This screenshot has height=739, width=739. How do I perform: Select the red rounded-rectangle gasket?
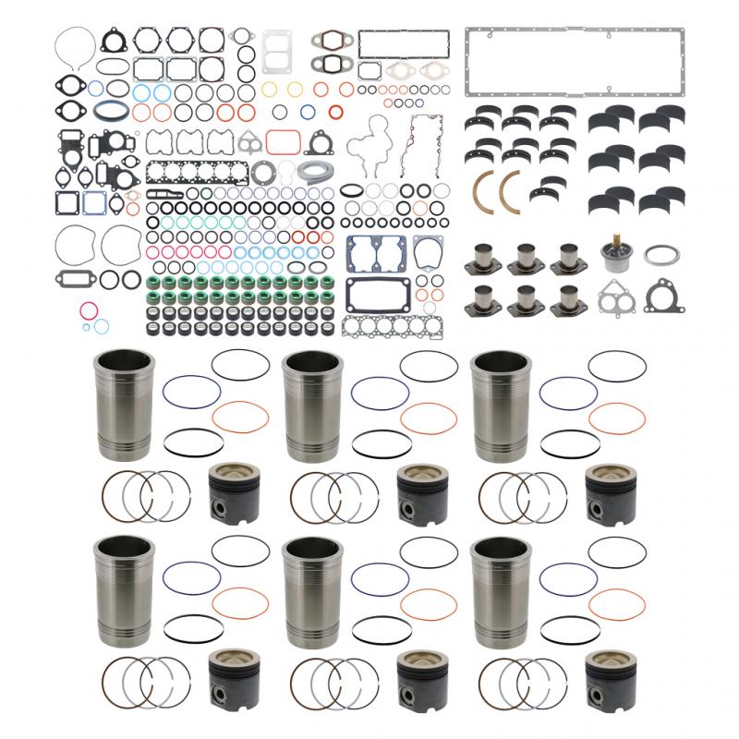tap(283, 141)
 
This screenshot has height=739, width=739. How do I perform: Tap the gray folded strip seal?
tap(311, 172)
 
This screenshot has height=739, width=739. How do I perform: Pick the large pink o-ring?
tap(89, 309)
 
